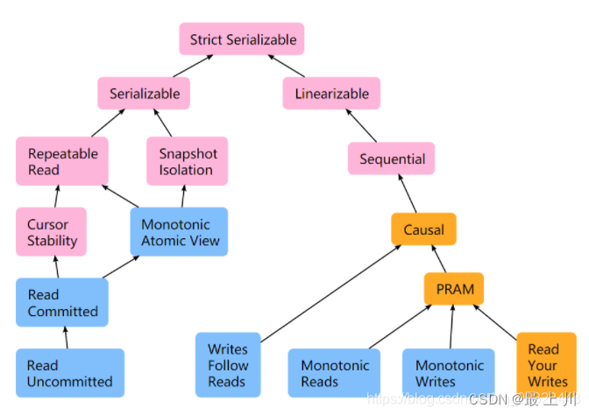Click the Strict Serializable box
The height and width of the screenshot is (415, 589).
click(243, 39)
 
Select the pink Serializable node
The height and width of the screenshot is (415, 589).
click(145, 94)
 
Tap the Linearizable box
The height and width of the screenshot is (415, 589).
click(331, 94)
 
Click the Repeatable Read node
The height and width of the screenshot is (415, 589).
click(62, 161)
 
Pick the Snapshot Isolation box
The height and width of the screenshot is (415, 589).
click(187, 161)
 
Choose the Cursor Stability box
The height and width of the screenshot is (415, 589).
click(52, 232)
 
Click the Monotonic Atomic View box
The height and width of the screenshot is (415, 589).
click(180, 232)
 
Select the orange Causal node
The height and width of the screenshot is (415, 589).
click(423, 230)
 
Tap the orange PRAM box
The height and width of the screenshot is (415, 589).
click(453, 289)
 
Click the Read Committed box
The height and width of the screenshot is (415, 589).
click(62, 303)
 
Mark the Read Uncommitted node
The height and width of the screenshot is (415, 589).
click(70, 373)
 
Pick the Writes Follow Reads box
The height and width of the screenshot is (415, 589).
click(228, 365)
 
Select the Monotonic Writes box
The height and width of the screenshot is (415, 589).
click(449, 373)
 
